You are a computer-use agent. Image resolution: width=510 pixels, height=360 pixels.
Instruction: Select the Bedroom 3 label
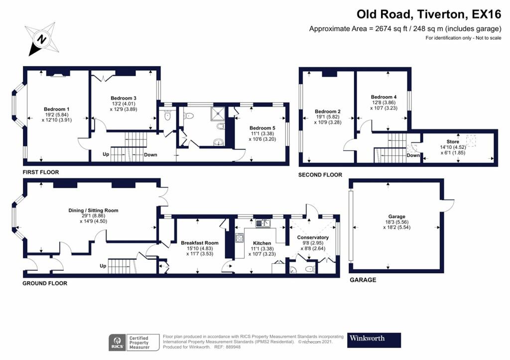point(124,98)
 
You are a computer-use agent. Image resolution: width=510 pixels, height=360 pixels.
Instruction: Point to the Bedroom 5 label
point(262,128)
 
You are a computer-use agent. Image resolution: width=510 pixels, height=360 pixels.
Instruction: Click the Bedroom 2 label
point(328,111)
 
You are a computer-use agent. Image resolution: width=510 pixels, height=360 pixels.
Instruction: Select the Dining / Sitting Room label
point(93,210)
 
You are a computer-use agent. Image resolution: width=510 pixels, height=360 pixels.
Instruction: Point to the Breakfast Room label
point(185,242)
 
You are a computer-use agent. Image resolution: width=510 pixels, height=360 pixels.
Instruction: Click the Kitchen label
point(262,243)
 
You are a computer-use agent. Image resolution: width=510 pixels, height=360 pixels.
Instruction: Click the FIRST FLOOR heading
point(41,172)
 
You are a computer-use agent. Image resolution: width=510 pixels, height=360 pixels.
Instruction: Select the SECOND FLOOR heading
point(320,175)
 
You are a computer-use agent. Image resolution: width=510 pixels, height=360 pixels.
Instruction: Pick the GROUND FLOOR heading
point(45,283)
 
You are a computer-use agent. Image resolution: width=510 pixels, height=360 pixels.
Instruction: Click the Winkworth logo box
point(374,340)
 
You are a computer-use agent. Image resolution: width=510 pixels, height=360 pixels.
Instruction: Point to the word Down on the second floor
point(413,155)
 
